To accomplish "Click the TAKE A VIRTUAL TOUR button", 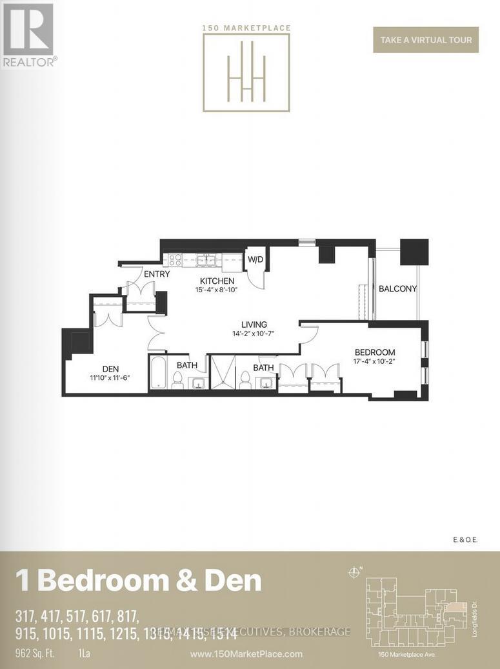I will tap(426, 39).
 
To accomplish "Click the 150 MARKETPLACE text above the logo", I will tap(246, 28).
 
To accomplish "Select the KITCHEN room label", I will tap(217, 281).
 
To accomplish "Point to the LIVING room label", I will tap(254, 325).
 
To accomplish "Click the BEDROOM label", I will tap(374, 352).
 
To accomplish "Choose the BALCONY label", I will tap(397, 289).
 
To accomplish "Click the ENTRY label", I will tap(157, 274).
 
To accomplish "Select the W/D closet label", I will tap(256, 259).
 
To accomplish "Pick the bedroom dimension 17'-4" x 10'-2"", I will tap(374, 362).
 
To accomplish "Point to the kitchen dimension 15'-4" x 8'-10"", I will tap(217, 290).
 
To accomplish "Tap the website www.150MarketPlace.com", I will tap(246, 654).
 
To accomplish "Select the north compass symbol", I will tap(354, 572).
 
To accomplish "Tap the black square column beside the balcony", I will tap(414, 252).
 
